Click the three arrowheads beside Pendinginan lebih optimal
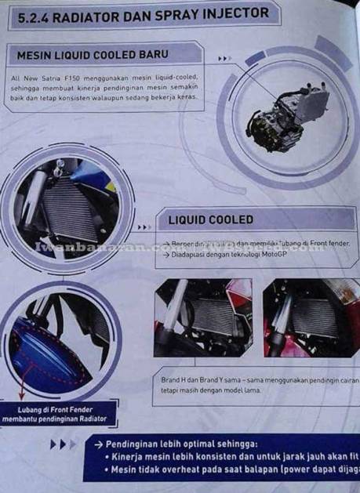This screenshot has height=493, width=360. pos(63,444)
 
